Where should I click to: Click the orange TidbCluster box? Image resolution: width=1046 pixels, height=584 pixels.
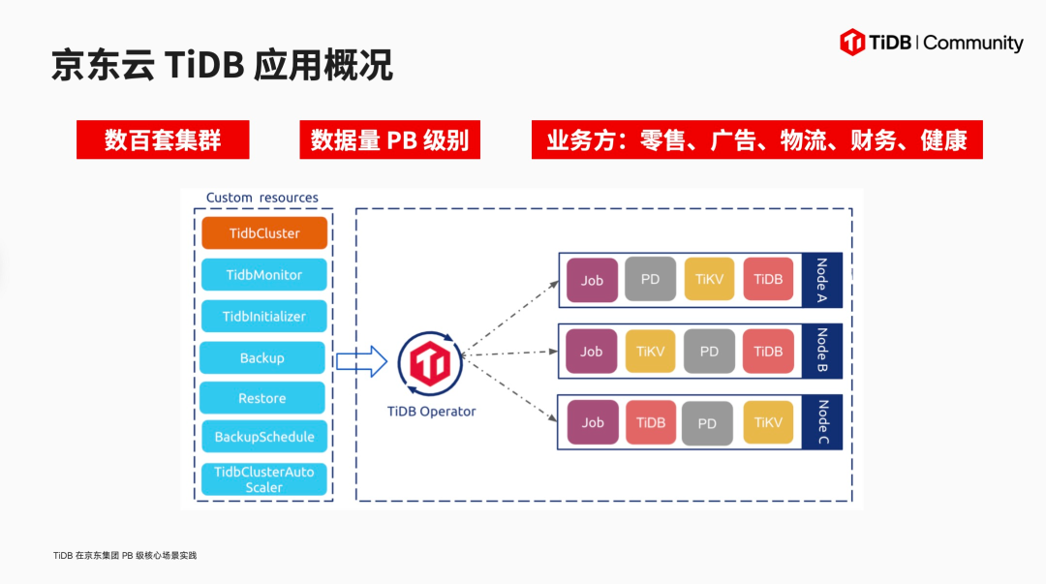(x=264, y=233)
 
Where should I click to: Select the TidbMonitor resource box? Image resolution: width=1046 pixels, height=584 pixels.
(x=264, y=275)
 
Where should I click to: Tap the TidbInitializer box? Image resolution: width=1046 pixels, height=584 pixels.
(x=264, y=317)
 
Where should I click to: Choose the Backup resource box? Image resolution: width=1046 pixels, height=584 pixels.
(x=262, y=358)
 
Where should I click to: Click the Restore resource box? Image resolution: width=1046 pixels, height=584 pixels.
(x=262, y=398)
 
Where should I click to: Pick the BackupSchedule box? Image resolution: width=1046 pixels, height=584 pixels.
(x=264, y=437)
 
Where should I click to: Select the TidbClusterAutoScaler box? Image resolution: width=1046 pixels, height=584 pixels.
(x=264, y=479)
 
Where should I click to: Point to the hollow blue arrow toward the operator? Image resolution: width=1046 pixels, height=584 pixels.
(x=361, y=363)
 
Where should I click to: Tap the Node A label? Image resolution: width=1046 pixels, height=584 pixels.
(x=822, y=280)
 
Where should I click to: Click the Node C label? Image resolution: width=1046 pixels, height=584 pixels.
(x=822, y=422)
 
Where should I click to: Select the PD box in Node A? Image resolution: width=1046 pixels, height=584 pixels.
(x=651, y=279)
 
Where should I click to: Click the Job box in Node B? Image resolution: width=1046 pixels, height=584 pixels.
(x=592, y=352)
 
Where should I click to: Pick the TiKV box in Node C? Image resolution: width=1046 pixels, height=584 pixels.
(x=768, y=422)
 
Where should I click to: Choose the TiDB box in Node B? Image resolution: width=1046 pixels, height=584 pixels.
(x=768, y=352)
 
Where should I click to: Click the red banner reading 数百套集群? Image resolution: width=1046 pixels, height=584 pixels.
(x=163, y=140)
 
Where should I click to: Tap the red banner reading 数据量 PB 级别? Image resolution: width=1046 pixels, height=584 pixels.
(x=389, y=140)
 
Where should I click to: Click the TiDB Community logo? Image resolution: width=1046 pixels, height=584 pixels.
(x=932, y=43)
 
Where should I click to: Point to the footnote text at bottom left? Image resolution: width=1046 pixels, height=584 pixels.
(x=125, y=556)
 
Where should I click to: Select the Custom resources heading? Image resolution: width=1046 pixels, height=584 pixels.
(x=262, y=198)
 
